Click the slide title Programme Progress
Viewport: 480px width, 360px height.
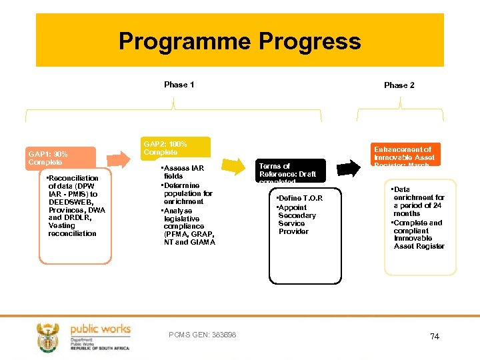click(x=240, y=41)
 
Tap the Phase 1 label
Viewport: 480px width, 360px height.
click(x=179, y=85)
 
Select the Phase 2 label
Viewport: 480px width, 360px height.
click(x=399, y=85)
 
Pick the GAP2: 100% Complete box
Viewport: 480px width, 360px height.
click(x=176, y=148)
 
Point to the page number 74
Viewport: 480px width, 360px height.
click(x=435, y=337)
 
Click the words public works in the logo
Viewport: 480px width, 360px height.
click(x=101, y=329)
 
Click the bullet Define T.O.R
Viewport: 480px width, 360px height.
click(x=301, y=199)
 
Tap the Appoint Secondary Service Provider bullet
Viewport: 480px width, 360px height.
click(x=297, y=219)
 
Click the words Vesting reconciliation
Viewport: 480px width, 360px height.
click(x=72, y=229)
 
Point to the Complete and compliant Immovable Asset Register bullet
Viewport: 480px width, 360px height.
click(x=419, y=235)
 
